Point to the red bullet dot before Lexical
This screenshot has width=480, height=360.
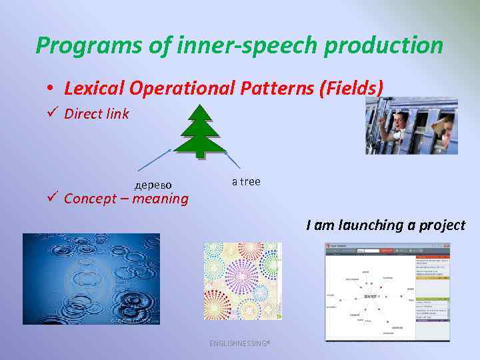point(50,89)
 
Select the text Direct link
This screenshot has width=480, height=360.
point(97,114)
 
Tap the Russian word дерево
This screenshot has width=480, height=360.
point(153,184)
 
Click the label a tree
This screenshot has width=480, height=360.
point(246,181)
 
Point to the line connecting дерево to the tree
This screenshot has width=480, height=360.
point(155,161)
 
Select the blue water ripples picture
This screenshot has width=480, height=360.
point(91,279)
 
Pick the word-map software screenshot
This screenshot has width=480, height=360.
point(387,293)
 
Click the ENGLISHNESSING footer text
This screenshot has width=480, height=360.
point(239,343)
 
